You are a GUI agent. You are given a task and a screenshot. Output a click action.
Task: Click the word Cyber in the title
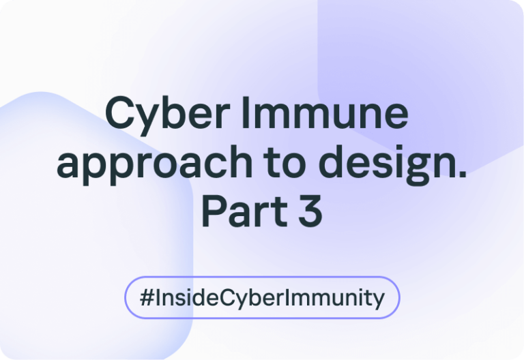pyautogui.click(x=167, y=115)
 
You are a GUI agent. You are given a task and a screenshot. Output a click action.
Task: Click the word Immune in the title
pyautogui.click(x=325, y=112)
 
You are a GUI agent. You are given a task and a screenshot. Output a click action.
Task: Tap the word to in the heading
pyautogui.click(x=285, y=163)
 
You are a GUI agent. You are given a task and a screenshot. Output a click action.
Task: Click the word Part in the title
pyautogui.click(x=244, y=211)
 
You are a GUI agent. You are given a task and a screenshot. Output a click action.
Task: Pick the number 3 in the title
pyautogui.click(x=310, y=211)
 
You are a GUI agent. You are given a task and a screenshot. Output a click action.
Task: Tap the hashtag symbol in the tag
pyautogui.click(x=147, y=297)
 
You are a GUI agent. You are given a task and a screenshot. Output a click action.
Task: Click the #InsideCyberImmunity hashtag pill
pyautogui.click(x=262, y=297)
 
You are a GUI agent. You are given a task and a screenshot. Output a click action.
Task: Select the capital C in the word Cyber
pyautogui.click(x=119, y=112)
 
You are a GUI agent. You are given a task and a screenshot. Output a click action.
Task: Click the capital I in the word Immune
pyautogui.click(x=245, y=112)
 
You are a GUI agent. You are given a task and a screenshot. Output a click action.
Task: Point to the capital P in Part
pyautogui.click(x=213, y=211)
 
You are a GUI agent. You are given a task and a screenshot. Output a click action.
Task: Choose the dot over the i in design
pyautogui.click(x=394, y=149)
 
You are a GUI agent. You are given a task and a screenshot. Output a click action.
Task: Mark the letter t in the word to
pyautogui.click(x=271, y=163)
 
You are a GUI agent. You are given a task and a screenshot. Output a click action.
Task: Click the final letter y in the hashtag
pyautogui.click(x=377, y=301)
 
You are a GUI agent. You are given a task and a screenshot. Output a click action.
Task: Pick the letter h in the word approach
pyautogui.click(x=241, y=162)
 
